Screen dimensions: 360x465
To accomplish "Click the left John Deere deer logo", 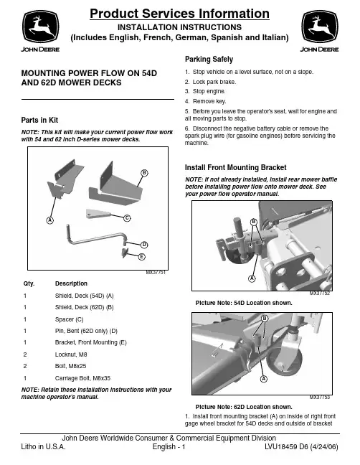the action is pyautogui.click(x=41, y=27).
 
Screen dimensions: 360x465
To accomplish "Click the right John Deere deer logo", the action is pyautogui.click(x=320, y=27).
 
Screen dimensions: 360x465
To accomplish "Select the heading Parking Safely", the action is pyautogui.click(x=209, y=60).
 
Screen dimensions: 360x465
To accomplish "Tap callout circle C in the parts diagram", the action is pyautogui.click(x=127, y=218).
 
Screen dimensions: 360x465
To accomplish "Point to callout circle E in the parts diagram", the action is pyautogui.click(x=142, y=256).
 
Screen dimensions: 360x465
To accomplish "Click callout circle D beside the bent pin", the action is pyautogui.click(x=144, y=245).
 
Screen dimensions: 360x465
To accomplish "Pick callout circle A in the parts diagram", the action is pyautogui.click(x=49, y=220).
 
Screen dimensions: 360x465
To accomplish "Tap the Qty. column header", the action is pyautogui.click(x=29, y=283).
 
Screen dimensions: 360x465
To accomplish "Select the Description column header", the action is pyautogui.click(x=71, y=283).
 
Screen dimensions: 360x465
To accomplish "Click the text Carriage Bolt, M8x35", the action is pyautogui.click(x=82, y=378).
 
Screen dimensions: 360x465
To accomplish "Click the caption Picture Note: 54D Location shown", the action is pyautogui.click(x=244, y=303).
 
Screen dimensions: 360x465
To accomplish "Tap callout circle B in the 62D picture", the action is pyautogui.click(x=265, y=319).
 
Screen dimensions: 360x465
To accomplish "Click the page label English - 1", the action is pyautogui.click(x=169, y=446).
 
